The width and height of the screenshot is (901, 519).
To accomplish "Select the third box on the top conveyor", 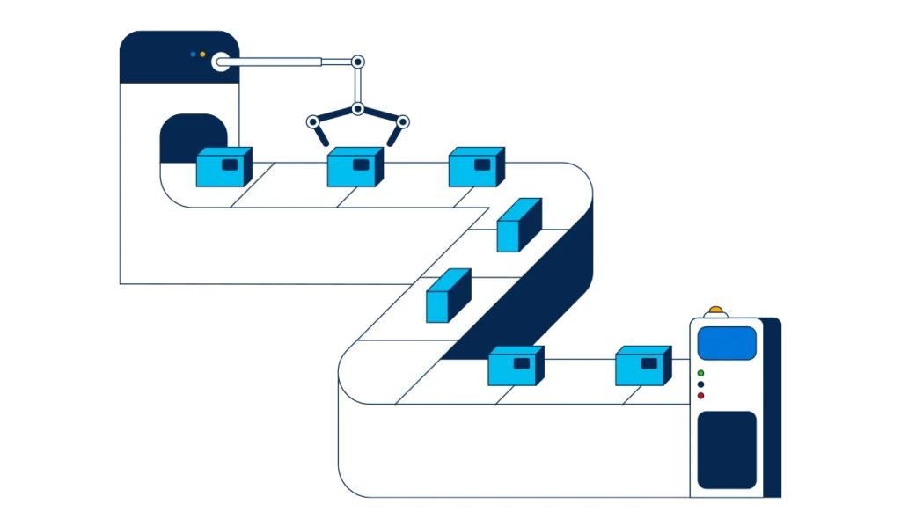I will point(476,166).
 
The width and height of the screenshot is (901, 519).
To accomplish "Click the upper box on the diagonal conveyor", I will point(518,225).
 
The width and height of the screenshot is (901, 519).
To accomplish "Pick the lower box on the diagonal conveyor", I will point(448,296).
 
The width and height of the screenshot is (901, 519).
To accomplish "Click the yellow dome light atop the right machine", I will point(716,311).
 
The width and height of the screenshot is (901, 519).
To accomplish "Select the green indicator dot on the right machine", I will point(700,373).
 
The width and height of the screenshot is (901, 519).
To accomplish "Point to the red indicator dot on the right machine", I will point(700,396).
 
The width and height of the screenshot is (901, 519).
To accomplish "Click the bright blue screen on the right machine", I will point(727,343).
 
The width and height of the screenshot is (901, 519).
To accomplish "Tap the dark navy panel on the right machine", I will point(727,450).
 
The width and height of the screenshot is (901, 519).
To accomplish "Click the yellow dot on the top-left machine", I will point(202,55).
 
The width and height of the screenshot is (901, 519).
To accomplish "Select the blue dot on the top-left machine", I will point(193,55).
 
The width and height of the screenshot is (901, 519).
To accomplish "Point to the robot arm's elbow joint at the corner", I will point(357,62).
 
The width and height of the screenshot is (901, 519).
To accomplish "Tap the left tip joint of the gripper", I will point(311,121).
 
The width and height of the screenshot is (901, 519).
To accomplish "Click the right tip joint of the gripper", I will point(402,121).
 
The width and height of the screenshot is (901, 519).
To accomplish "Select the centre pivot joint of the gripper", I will point(357,109).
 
